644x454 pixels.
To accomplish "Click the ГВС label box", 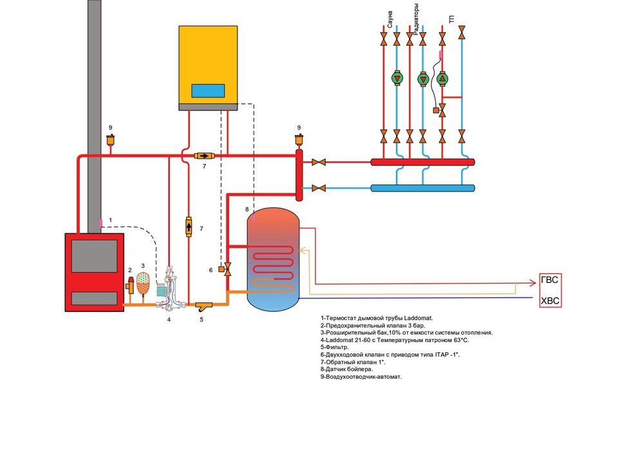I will (549, 281).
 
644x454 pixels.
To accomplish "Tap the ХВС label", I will (549, 300).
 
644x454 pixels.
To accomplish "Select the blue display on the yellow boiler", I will (208, 91).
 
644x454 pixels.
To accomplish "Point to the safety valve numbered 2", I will (131, 284).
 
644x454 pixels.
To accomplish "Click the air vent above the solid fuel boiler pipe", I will (111, 140).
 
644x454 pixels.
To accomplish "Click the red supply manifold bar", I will (422, 163).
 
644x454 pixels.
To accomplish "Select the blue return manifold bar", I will (422, 188).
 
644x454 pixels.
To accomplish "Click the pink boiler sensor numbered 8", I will (254, 217).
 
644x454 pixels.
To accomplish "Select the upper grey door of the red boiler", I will (94, 255).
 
